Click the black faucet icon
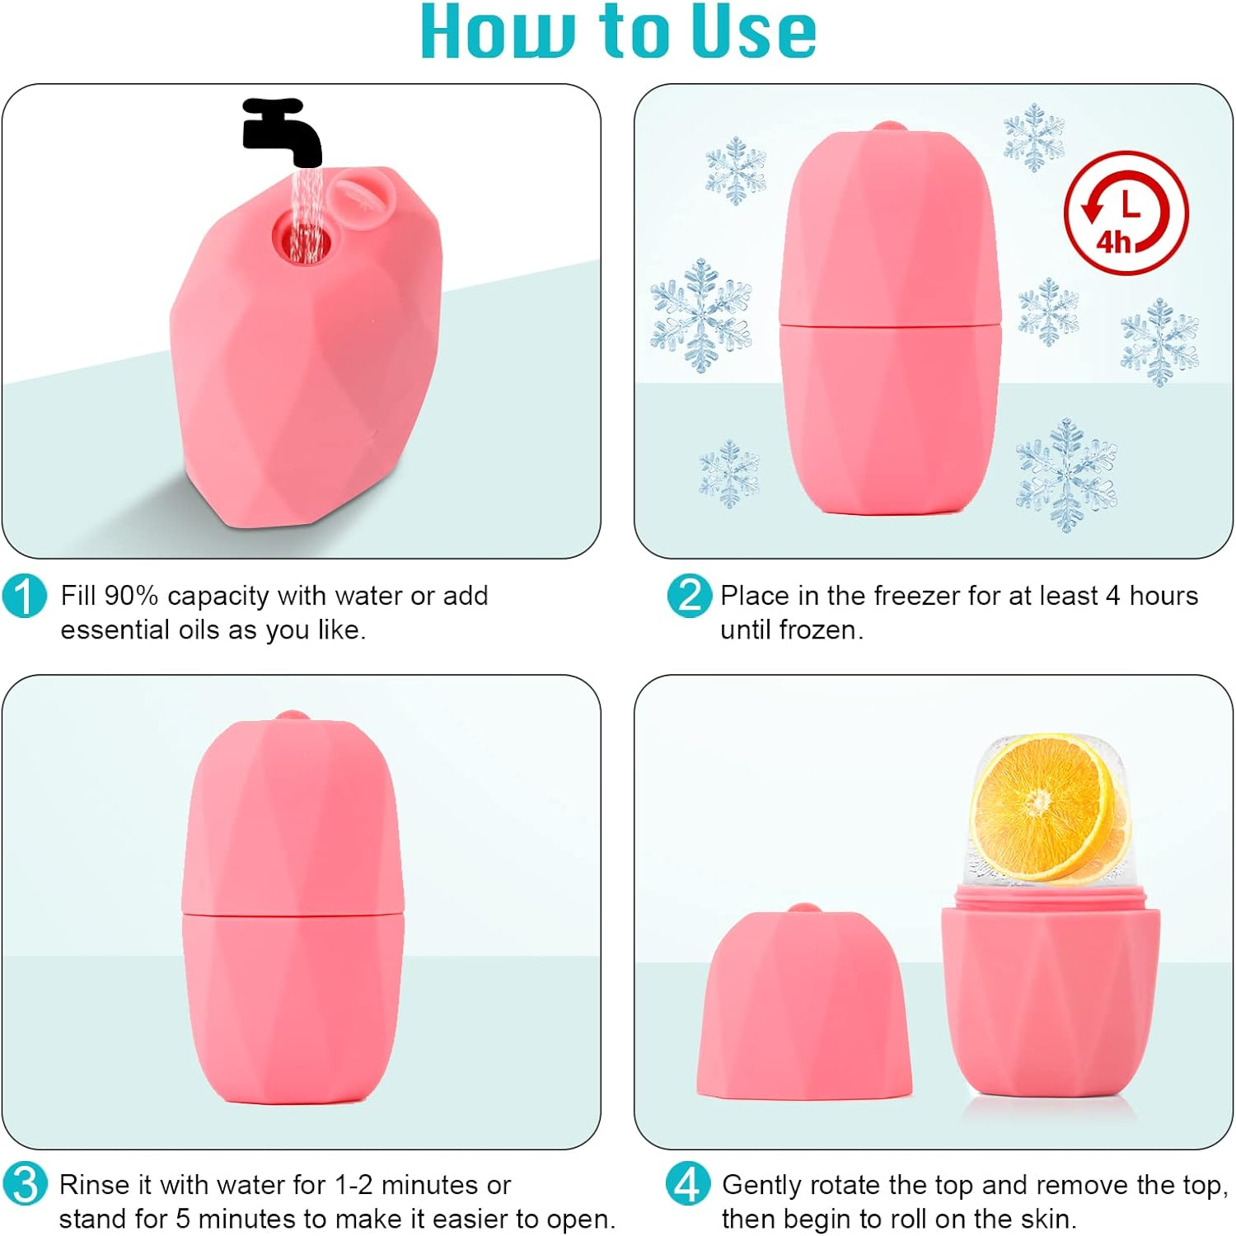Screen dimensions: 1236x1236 [x=280, y=130]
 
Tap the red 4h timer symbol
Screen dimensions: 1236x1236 [x=1126, y=213]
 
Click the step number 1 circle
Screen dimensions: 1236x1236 [x=24, y=596]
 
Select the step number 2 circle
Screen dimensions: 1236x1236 [x=689, y=596]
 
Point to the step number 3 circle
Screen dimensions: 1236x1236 [x=25, y=1184]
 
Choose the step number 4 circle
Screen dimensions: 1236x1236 [x=687, y=1184]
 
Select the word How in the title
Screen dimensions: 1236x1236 [x=497, y=33]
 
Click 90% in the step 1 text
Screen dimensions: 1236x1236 [x=131, y=596]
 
